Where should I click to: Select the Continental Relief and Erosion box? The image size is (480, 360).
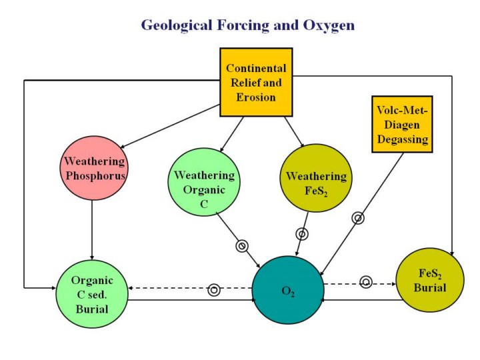256,83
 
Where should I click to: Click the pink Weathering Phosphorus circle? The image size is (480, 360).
94,167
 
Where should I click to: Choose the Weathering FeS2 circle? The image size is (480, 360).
315,177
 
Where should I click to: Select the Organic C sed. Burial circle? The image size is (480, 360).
92,294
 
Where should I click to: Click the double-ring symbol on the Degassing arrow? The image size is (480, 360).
358,217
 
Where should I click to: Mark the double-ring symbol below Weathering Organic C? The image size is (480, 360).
242,245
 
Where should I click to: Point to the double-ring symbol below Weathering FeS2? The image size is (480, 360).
302,234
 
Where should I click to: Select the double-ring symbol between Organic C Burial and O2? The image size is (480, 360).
213,289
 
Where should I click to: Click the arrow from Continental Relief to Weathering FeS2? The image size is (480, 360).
293,131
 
